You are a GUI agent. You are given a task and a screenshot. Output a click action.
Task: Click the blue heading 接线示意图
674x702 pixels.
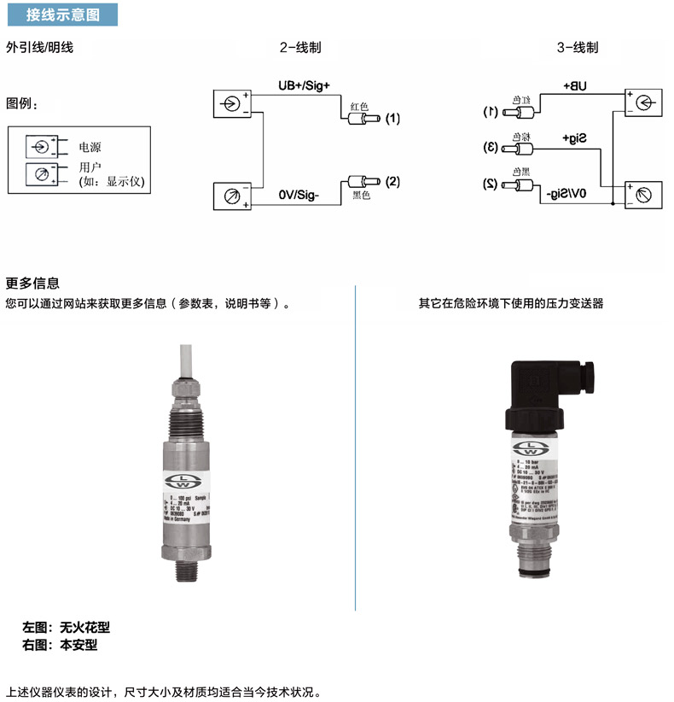pos(62,15)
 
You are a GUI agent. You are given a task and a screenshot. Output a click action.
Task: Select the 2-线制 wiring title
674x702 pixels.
pos(300,48)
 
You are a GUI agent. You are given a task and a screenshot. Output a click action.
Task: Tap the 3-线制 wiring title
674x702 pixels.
pos(578,48)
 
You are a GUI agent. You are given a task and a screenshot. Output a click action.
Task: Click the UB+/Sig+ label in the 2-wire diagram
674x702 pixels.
pos(303,86)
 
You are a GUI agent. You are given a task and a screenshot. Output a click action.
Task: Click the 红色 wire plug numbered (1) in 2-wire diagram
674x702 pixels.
pos(363,120)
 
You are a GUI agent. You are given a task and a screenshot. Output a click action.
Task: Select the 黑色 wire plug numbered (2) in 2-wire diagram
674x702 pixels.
pos(363,183)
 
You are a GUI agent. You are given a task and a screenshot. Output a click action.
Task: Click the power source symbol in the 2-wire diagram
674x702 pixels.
pos(230,104)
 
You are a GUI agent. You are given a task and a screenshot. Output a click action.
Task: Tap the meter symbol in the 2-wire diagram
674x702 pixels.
pos(230,196)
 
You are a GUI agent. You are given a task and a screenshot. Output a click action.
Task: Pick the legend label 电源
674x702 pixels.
pos(90,147)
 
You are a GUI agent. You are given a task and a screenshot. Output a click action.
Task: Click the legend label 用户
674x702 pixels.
pos(90,167)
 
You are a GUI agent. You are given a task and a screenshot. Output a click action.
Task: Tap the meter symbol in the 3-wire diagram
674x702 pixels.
pos(642,195)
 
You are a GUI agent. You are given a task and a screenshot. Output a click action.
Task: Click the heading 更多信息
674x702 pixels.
pos(33,284)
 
